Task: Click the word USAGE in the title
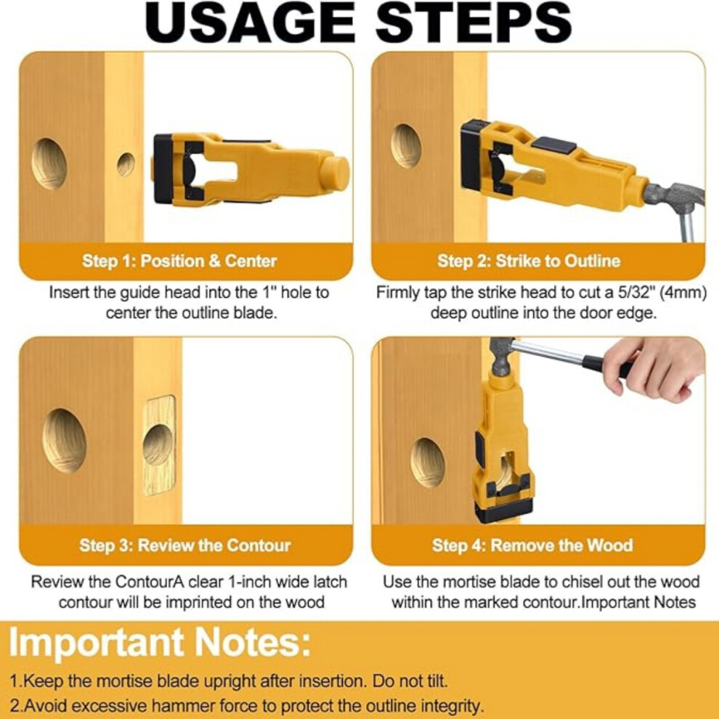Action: [x=249, y=23]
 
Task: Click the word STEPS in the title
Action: [x=474, y=23]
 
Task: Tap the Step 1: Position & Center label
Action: [x=179, y=261]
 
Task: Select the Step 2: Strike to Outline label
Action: [x=529, y=261]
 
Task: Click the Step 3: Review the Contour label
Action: [x=184, y=545]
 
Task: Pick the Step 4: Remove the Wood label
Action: [x=532, y=545]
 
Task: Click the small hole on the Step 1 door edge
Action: [x=126, y=165]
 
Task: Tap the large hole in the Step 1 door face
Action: [x=49, y=163]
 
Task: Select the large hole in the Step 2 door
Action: [x=406, y=146]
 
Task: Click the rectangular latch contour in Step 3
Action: [x=159, y=445]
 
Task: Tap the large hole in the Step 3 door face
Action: [x=64, y=441]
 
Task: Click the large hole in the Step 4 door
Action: [x=427, y=462]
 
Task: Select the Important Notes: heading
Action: [x=160, y=643]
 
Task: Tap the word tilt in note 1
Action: [x=436, y=681]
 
